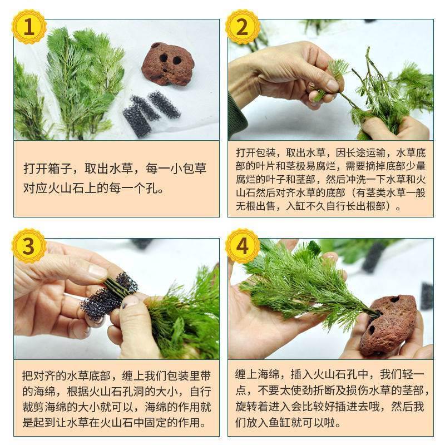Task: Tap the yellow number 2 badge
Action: click(x=242, y=27)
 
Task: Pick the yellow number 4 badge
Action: click(x=242, y=245)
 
